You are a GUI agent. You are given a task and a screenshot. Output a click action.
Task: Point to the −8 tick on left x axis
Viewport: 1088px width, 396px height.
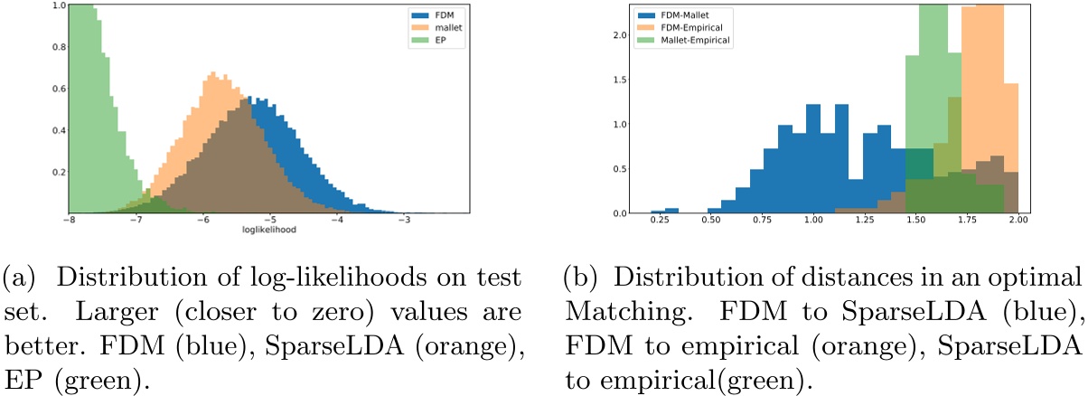[69, 220]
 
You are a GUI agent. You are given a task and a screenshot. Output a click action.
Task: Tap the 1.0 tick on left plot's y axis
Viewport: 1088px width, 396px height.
[58, 5]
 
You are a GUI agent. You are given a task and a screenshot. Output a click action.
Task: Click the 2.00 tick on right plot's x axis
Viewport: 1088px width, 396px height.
[1018, 220]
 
